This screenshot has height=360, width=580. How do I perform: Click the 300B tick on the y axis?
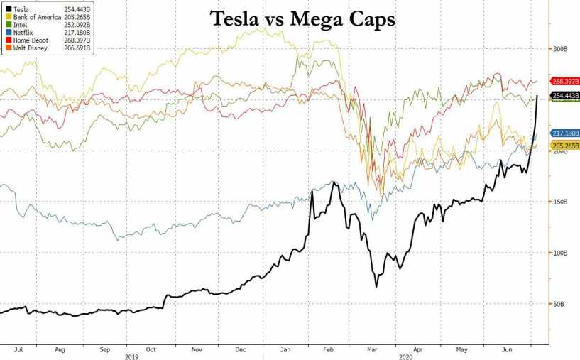[562, 49]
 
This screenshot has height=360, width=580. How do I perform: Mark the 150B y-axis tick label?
[562, 202]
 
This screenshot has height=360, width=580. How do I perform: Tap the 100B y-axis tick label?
[562, 253]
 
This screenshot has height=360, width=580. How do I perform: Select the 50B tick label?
[560, 305]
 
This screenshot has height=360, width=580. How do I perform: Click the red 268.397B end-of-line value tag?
[564, 82]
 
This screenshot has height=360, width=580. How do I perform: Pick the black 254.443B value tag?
[564, 96]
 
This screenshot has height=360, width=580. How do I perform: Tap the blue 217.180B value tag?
[564, 133]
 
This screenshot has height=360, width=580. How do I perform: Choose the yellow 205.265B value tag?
[564, 145]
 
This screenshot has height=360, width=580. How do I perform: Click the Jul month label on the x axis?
[19, 349]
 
